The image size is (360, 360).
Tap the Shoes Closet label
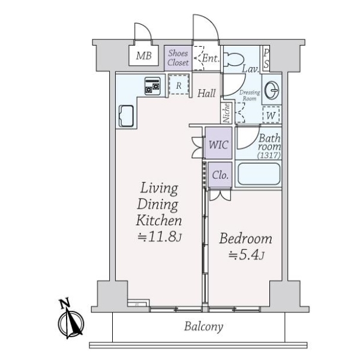(178, 58)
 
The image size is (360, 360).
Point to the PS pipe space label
(266, 58)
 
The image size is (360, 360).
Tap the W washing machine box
(271, 114)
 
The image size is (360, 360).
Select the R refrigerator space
(179, 86)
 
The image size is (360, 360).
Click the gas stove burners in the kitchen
(152, 86)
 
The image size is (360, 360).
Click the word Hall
(207, 93)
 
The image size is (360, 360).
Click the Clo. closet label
(220, 176)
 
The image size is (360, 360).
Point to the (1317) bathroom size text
(269, 155)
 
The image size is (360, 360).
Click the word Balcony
(203, 327)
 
